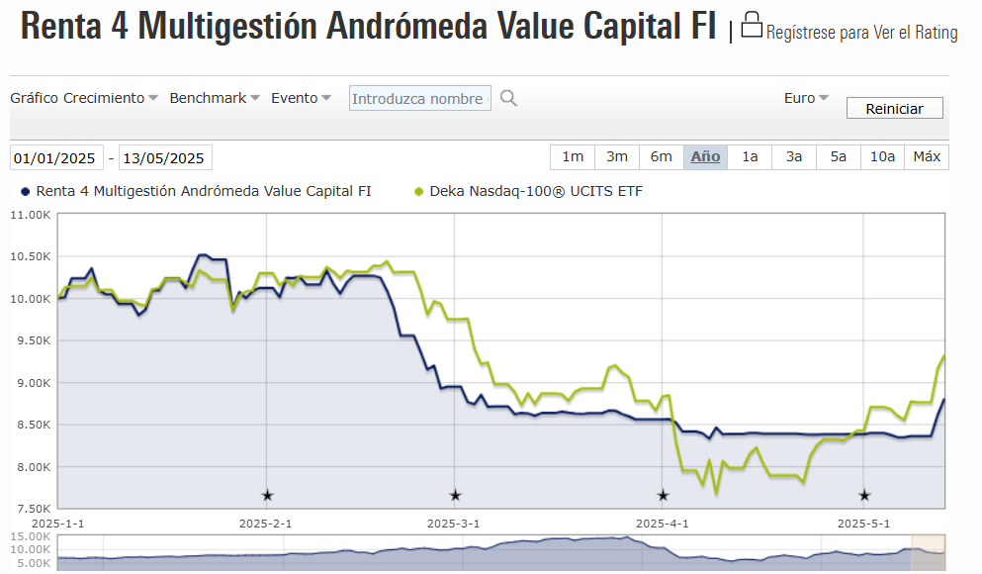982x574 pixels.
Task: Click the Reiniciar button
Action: point(894,109)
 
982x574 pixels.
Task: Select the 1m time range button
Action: point(573,157)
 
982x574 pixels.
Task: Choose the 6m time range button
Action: point(661,157)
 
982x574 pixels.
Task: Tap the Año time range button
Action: point(705,157)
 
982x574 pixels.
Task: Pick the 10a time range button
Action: point(882,157)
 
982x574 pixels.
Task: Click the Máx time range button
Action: point(927,157)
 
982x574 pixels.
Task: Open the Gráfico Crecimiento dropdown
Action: point(84,98)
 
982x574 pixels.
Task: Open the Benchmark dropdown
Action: point(215,98)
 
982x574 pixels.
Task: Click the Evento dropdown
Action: point(301,98)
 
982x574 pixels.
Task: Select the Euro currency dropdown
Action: point(806,98)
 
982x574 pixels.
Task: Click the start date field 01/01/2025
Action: point(55,158)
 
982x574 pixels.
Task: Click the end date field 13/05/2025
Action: point(164,158)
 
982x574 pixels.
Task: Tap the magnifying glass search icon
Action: point(508,98)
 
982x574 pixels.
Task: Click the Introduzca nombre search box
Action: point(419,98)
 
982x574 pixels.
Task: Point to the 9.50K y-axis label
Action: point(30,340)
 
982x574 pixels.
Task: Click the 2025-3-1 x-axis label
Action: point(453,523)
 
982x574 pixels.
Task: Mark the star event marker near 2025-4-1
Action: point(663,495)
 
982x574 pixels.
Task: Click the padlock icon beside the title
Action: point(752,26)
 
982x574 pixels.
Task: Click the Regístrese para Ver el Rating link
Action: point(861,34)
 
